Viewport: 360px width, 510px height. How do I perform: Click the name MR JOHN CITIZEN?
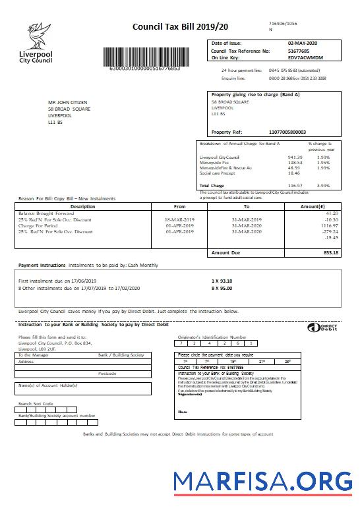point(68,103)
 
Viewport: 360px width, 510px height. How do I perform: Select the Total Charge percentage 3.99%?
point(323,186)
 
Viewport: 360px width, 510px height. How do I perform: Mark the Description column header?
point(83,206)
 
